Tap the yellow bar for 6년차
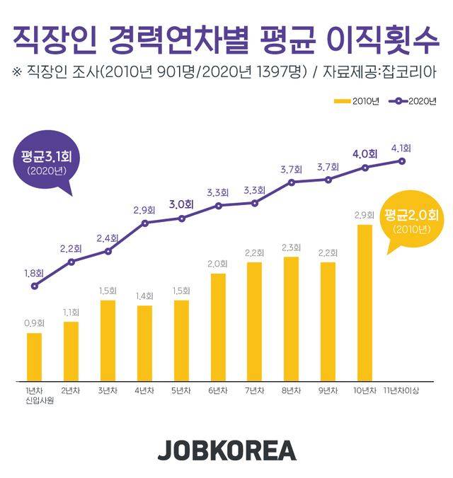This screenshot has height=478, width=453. point(218,326)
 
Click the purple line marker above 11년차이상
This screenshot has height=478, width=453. point(401,161)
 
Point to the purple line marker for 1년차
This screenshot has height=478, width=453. point(35,286)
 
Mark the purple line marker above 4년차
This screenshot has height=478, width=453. point(145,223)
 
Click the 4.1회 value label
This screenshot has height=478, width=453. point(401,148)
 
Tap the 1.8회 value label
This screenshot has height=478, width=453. point(33,272)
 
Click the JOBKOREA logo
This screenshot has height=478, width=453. point(226,450)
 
